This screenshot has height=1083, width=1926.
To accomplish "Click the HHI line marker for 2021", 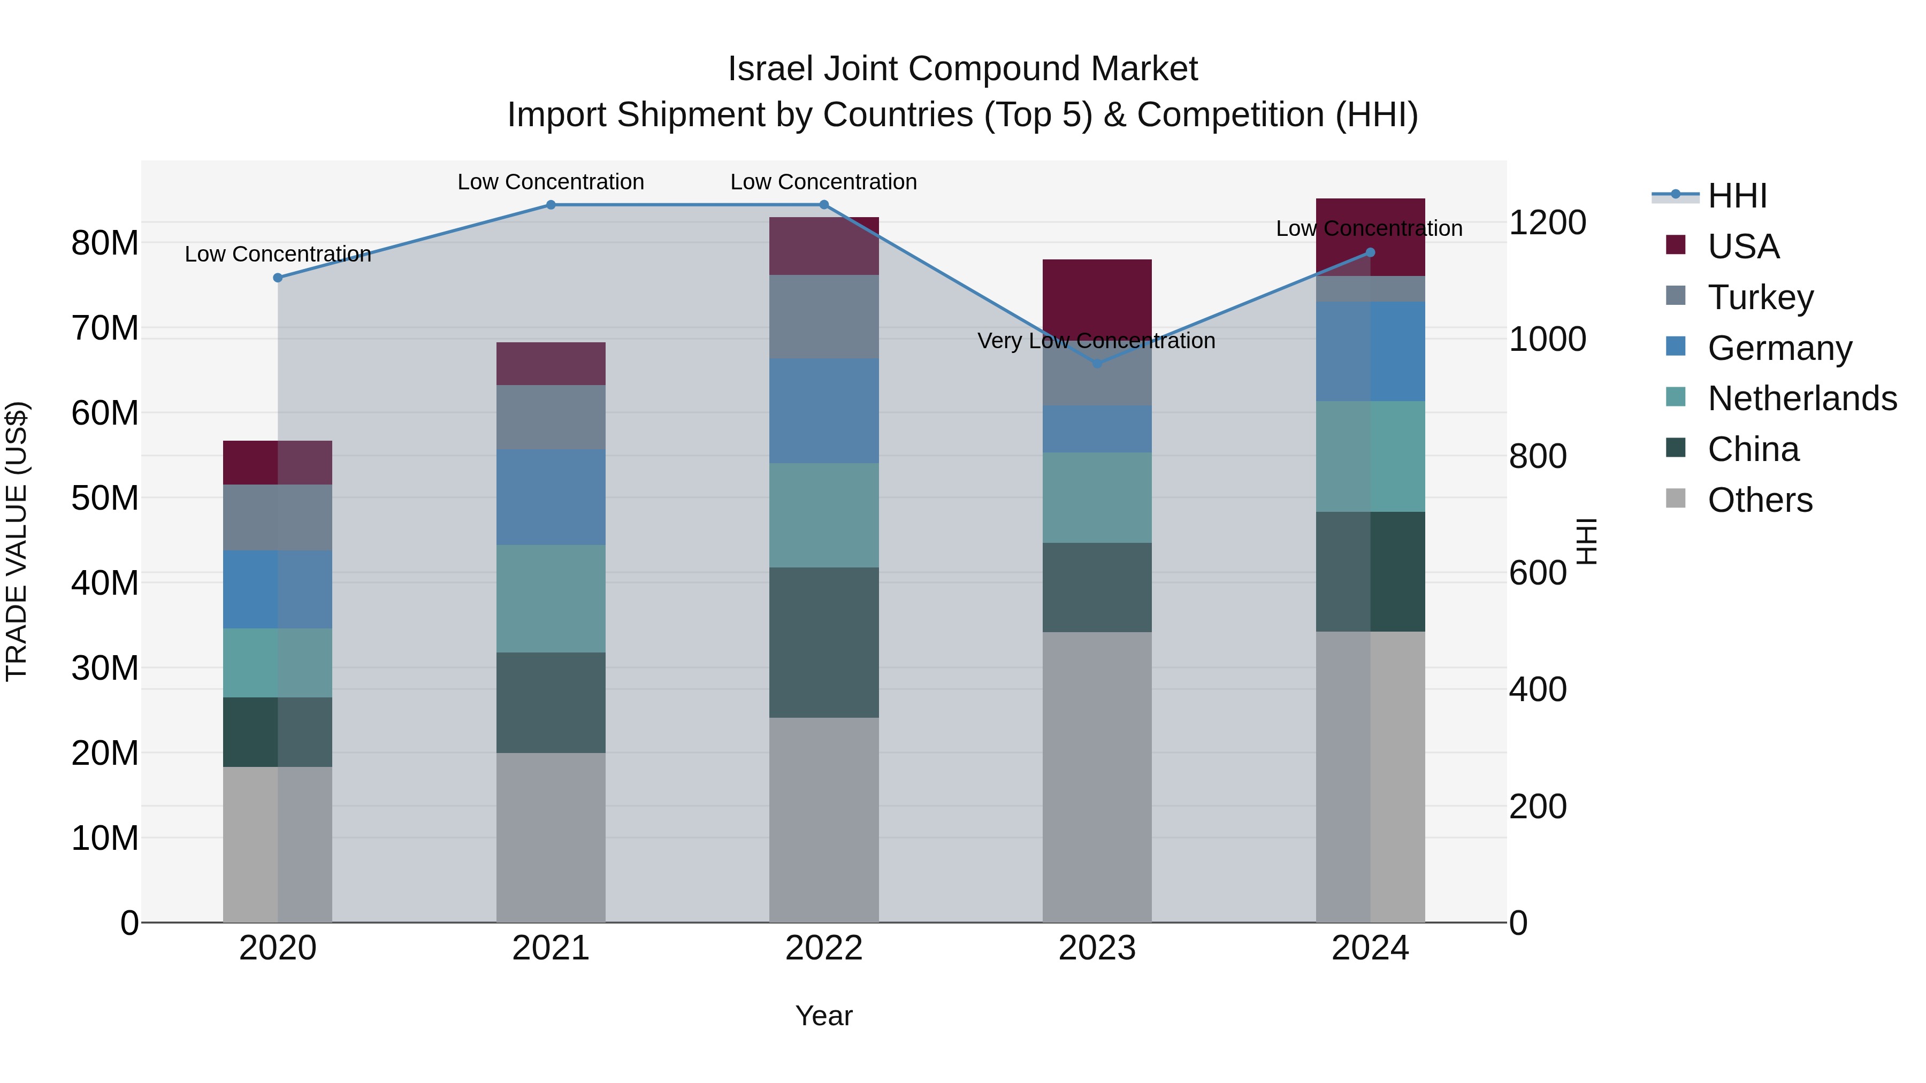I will point(551,205).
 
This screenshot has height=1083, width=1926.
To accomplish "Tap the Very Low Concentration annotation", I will point(1096,341).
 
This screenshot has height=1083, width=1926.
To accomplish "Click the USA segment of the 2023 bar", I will point(1097,295).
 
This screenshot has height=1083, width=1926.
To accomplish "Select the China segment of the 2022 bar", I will point(824,643).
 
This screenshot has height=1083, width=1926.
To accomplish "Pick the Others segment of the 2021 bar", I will point(551,837).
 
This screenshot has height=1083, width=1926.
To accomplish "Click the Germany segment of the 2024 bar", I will point(1371,351).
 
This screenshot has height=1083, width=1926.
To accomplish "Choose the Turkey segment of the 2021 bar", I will point(551,417).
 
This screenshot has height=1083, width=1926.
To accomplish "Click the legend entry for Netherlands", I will point(1802,398).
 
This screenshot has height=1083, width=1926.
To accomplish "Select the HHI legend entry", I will point(1737,196).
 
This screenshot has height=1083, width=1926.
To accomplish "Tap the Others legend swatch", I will point(1676,498).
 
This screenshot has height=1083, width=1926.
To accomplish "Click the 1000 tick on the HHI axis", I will point(1547,339).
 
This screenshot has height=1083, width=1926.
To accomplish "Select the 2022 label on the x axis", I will point(824,948).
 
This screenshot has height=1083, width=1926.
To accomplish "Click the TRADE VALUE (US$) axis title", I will point(17,541).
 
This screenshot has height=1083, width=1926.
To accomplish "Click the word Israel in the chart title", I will point(770,69).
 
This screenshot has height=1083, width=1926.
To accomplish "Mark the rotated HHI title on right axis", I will point(1585,541).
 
